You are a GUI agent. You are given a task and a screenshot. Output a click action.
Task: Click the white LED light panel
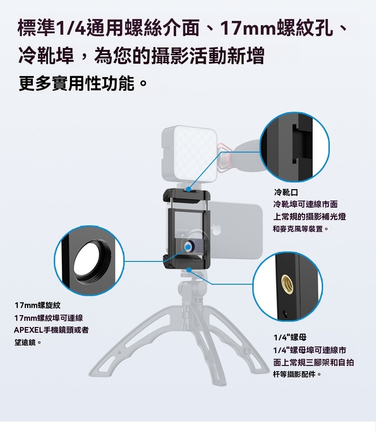[188, 154]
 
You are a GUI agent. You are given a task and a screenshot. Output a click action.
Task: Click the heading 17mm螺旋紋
[37, 305]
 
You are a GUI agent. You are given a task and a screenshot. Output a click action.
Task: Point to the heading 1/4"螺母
[290, 337]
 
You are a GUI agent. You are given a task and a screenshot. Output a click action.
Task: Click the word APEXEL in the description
[29, 330]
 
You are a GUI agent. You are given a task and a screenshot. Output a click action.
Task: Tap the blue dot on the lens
[188, 247]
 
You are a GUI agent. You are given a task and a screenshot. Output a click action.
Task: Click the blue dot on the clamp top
[188, 190]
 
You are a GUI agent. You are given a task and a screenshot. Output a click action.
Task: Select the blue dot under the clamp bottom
[189, 269]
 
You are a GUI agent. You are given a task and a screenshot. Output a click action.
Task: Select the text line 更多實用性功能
[82, 83]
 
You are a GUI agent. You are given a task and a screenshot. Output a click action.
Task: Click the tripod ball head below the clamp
[192, 287]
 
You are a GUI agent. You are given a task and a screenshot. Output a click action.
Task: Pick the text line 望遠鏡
[28, 342]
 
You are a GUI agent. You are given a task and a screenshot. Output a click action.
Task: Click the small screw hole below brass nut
[285, 313]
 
